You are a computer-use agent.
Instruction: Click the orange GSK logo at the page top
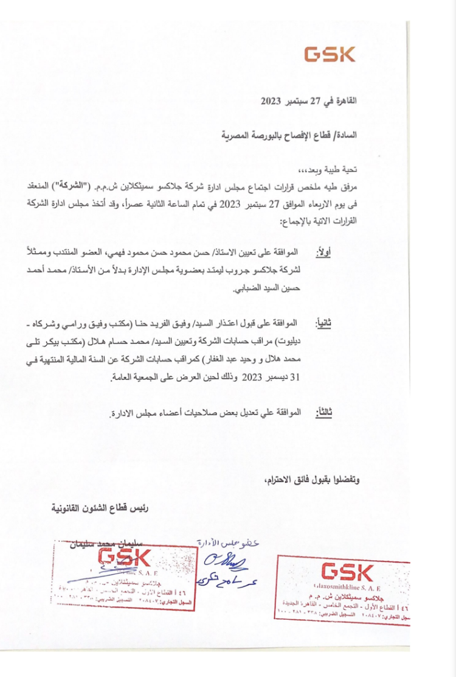coord(330,55)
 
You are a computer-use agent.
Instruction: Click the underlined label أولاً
coord(322,252)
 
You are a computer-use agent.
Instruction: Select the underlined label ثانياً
coord(322,323)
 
